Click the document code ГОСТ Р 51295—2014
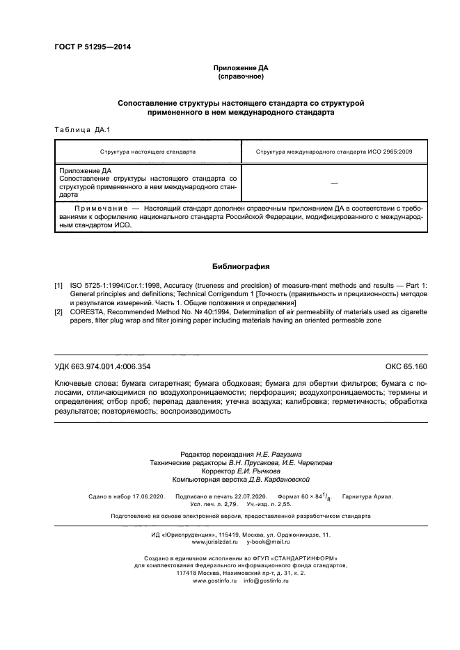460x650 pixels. tap(93, 47)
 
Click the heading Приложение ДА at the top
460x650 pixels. tap(239, 68)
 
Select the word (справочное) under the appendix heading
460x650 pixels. tap(239, 76)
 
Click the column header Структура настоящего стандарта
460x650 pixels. tap(148, 151)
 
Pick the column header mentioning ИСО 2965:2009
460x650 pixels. tap(334, 151)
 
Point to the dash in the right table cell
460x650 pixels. tap(334, 182)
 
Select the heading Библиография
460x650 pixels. tap(240, 266)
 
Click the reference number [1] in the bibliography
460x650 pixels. tap(58, 286)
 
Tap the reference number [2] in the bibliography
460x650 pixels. tap(58, 312)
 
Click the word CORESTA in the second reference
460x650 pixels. tap(88, 312)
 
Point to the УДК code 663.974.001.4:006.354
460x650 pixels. tap(102, 366)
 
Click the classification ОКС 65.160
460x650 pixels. tap(406, 366)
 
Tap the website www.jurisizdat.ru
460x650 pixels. tap(215, 541)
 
